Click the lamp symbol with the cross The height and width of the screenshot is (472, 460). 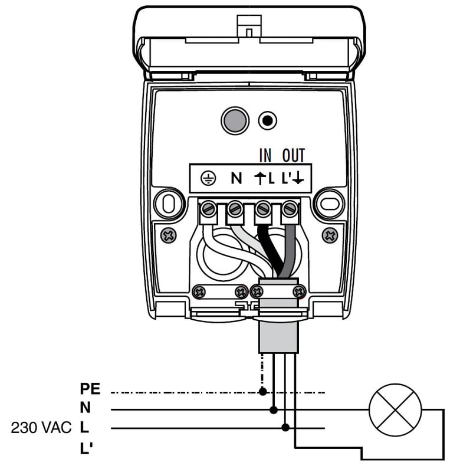[395, 410]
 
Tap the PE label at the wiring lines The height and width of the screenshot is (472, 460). [90, 389]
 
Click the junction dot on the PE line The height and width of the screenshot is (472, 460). [262, 391]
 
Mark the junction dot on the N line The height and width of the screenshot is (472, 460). [273, 409]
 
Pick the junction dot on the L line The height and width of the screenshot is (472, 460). [285, 428]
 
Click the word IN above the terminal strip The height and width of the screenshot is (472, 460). [266, 156]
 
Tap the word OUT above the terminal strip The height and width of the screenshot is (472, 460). [293, 156]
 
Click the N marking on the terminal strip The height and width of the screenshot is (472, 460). [236, 178]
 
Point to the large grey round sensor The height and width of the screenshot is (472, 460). [235, 120]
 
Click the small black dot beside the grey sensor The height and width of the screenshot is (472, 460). [268, 121]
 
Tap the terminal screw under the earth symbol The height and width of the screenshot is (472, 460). [208, 209]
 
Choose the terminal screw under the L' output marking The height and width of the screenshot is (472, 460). [289, 209]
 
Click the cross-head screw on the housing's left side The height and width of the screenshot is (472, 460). [169, 235]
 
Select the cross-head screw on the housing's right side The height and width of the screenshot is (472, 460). [330, 235]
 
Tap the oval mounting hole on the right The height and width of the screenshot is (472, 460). [328, 204]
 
